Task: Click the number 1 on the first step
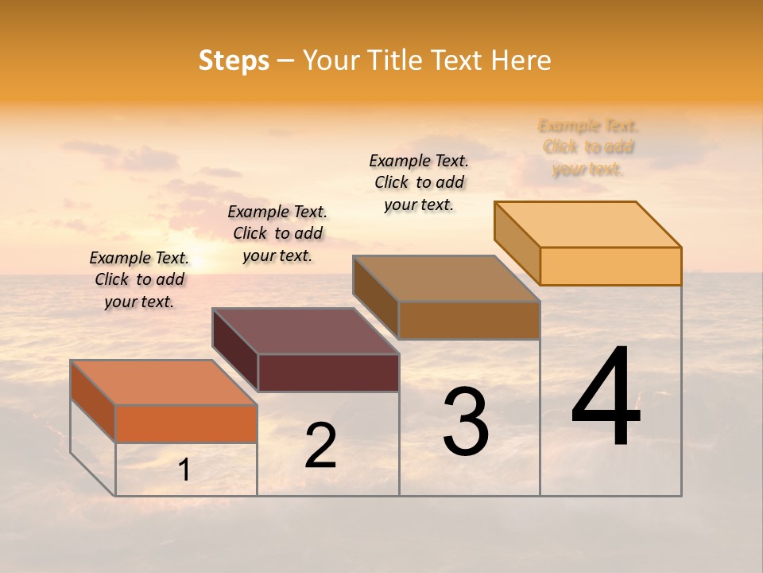coord(184,470)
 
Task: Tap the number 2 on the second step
coord(320,446)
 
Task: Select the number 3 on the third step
coord(466,421)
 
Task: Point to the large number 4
coord(606,397)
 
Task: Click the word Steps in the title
coord(234,60)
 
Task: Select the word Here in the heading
coord(521,60)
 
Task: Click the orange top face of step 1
coord(163,382)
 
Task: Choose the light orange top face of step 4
coord(587,224)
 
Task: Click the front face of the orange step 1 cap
coord(186,423)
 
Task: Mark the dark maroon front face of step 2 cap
coord(328,372)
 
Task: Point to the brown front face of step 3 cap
coord(469,320)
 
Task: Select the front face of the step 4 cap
coord(610,266)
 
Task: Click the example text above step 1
coord(139,280)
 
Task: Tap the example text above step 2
coord(277,233)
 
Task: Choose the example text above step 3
coord(419,182)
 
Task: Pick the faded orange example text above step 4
coord(588,147)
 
